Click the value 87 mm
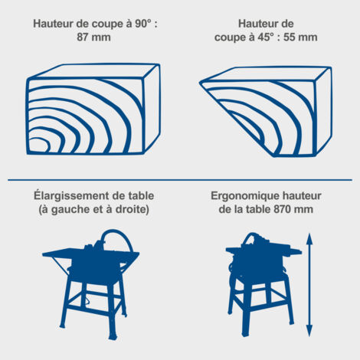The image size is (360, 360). click(x=93, y=38)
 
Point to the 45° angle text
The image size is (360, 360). click(x=265, y=38)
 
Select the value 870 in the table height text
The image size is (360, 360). click(x=282, y=209)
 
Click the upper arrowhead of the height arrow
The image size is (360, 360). click(x=309, y=239)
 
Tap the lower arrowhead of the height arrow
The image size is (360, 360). click(x=309, y=331)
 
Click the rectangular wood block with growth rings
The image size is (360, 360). click(x=93, y=109)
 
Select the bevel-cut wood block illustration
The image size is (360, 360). click(x=266, y=112)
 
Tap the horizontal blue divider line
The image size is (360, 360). click(x=180, y=180)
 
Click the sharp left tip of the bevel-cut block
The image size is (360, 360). click(x=200, y=82)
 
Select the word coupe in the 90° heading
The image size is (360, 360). click(x=104, y=25)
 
